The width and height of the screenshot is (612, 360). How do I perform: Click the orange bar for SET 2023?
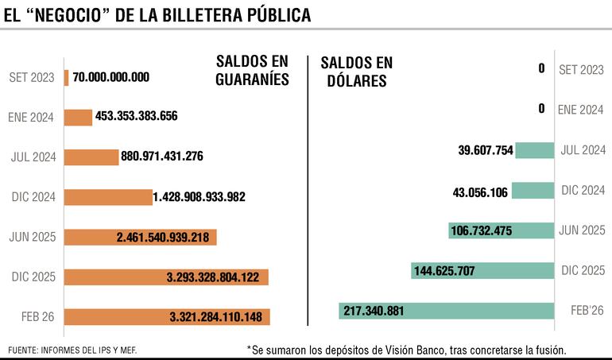(x=66, y=77)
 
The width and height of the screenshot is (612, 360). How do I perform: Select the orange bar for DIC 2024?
(x=107, y=196)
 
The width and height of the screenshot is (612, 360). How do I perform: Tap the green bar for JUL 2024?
(x=534, y=150)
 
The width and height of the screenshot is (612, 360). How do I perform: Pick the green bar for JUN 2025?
(x=501, y=230)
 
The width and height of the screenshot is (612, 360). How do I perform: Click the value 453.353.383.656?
(x=136, y=116)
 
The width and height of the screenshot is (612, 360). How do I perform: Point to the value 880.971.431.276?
(x=162, y=156)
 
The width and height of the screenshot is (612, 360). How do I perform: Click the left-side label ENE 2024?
(x=30, y=117)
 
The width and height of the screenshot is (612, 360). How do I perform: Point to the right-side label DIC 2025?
(x=582, y=270)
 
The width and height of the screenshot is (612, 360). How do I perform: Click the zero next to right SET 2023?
(x=541, y=69)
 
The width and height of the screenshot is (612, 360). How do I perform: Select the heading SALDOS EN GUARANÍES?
(x=251, y=71)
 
